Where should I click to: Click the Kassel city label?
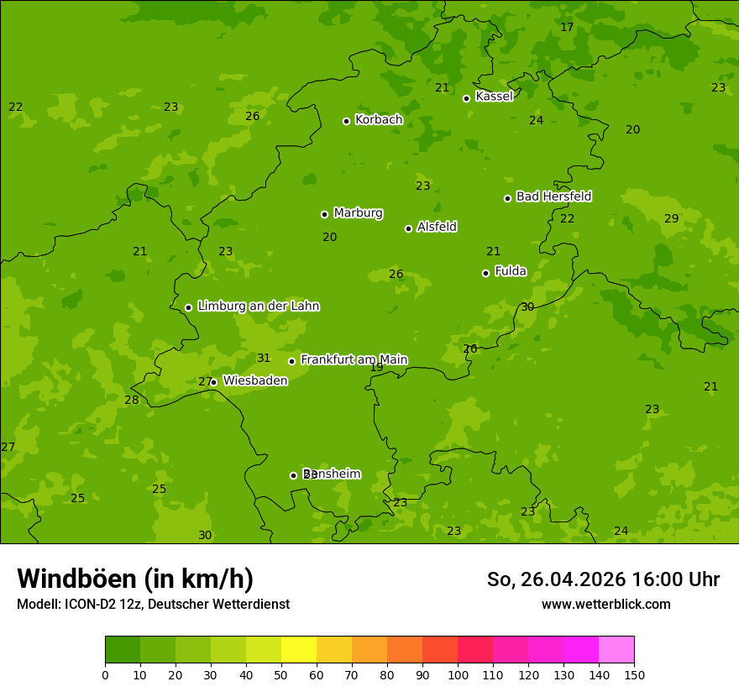[494, 97]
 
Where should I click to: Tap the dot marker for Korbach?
[346, 121]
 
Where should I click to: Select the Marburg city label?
[358, 213]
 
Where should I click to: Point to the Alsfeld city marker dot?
[408, 228]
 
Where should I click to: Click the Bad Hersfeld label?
[553, 197]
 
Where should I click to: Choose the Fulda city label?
[511, 271]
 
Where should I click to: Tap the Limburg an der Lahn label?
[258, 307]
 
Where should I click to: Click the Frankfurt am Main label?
[354, 359]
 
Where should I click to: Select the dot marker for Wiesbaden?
[213, 382]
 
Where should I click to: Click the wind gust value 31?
[264, 359]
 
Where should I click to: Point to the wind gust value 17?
[567, 28]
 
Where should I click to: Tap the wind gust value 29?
[671, 219]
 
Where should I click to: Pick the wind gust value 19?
[376, 368]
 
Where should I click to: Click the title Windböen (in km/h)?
[135, 579]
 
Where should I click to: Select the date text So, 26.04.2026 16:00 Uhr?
[603, 579]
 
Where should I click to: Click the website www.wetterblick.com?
[605, 604]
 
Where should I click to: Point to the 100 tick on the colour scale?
[458, 674]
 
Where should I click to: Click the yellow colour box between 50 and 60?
[299, 650]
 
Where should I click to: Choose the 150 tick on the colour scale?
[634, 674]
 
